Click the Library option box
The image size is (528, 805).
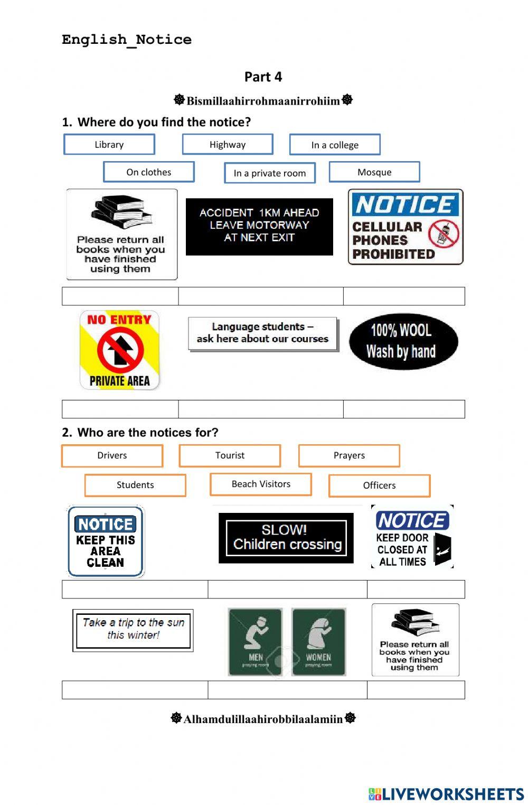[109, 144]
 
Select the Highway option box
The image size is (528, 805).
[228, 144]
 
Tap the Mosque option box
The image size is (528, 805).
[374, 172]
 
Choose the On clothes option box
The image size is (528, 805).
[149, 172]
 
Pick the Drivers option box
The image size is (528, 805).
[112, 455]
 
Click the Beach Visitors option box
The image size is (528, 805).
[261, 484]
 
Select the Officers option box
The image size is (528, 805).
[379, 485]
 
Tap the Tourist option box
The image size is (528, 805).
[230, 455]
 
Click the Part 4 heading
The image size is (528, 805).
[263, 77]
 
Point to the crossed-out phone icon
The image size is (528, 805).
[443, 233]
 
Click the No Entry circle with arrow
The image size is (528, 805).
[120, 349]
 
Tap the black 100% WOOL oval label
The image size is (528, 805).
[403, 341]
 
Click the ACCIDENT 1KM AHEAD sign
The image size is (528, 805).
[259, 227]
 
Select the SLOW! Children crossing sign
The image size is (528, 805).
[286, 538]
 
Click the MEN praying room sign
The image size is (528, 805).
[255, 642]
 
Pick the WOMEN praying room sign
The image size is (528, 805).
[318, 642]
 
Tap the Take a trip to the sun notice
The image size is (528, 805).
[133, 630]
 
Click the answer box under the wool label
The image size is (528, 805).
[404, 409]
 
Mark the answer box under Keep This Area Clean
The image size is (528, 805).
[135, 589]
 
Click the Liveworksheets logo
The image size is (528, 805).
[446, 794]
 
